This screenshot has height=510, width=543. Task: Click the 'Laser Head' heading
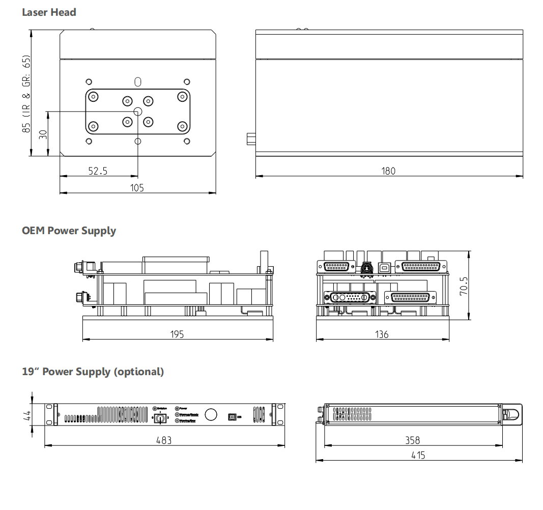[49, 12]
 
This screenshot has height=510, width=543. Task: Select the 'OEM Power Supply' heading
[69, 231]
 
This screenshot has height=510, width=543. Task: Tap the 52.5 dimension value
[98, 171]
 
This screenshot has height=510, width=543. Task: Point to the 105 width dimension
[137, 188]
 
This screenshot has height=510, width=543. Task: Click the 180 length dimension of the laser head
[388, 171]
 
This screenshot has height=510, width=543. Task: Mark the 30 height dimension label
[43, 134]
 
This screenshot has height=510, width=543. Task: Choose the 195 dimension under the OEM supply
[177, 334]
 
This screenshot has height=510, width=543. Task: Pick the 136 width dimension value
[382, 334]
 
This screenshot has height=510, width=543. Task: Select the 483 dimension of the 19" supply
[164, 440]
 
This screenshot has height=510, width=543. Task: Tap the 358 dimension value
[413, 440]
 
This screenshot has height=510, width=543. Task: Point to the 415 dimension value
[418, 455]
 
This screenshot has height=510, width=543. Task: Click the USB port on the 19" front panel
[233, 416]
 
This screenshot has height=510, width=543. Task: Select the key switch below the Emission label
[160, 418]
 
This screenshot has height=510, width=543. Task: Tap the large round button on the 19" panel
[211, 414]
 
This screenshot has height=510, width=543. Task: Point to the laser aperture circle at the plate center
[137, 111]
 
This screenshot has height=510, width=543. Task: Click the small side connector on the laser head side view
[251, 138]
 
